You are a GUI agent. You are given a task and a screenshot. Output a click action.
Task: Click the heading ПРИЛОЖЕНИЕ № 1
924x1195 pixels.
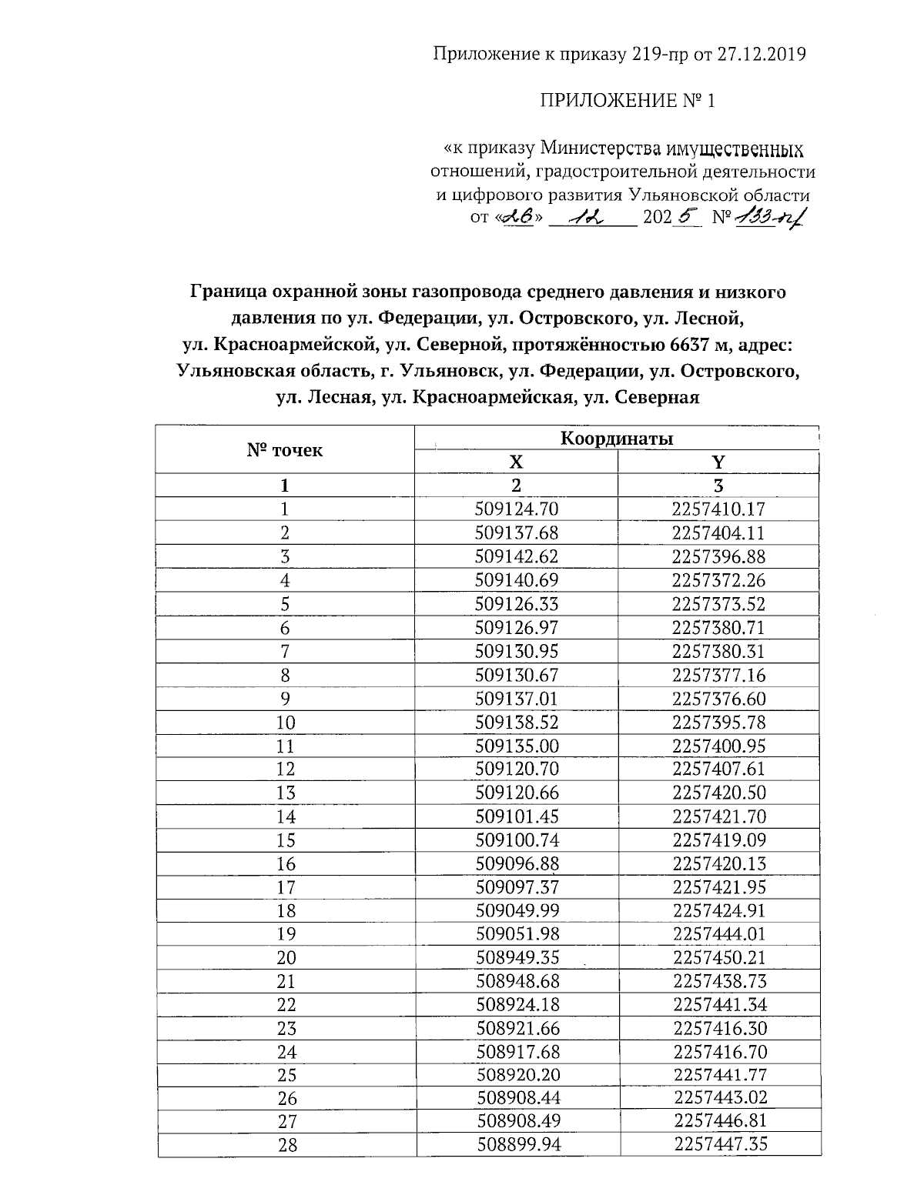627,101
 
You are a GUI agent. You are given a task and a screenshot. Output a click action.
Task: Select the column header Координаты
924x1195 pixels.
616,439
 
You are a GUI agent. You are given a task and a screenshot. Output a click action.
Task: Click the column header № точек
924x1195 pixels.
285,450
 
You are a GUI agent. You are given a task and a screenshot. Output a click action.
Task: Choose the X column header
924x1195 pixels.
516,462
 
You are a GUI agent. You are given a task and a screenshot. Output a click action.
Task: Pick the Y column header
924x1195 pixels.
718,462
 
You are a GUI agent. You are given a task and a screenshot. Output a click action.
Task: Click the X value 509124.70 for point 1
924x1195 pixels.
517,509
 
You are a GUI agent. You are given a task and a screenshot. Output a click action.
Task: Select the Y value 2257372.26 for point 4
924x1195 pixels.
718,580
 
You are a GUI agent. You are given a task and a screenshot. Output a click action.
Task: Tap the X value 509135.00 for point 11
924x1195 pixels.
517,746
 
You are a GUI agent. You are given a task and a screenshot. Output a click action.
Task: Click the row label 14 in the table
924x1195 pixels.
286,816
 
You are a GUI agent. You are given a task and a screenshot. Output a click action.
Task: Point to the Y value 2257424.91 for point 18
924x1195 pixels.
719,911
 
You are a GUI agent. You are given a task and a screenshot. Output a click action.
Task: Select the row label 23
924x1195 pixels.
286,1029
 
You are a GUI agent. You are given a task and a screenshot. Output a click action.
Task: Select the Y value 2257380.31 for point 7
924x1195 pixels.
718,651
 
